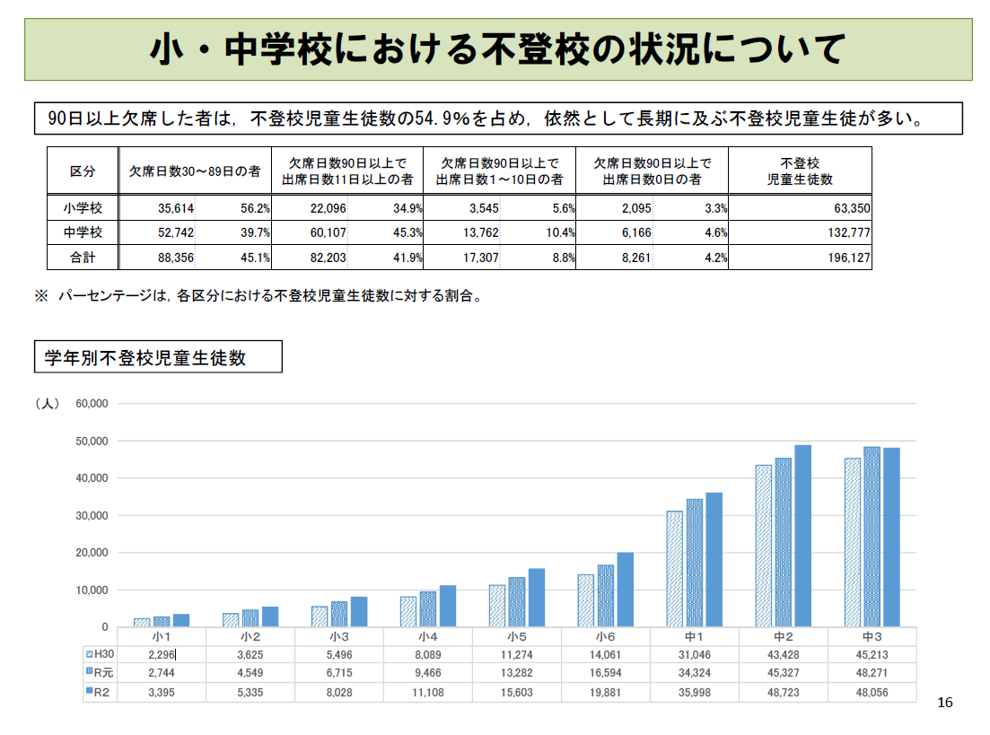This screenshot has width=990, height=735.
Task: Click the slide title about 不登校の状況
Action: point(497,49)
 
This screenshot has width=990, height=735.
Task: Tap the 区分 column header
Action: point(82,171)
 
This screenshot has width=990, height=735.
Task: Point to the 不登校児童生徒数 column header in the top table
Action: point(800,171)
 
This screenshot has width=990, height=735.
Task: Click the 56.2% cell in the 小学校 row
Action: point(255,208)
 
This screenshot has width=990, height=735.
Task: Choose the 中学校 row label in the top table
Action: point(82,233)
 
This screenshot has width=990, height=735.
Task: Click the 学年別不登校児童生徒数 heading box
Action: point(157,357)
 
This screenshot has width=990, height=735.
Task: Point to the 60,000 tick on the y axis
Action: point(92,404)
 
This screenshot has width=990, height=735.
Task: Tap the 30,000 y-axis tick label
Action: point(92,515)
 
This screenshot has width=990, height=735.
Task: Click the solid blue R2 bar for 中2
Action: point(802,536)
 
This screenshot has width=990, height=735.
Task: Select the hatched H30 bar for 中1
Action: point(674,568)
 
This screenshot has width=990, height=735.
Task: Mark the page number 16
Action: point(944,702)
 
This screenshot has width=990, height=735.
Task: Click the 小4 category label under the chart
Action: point(427,635)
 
